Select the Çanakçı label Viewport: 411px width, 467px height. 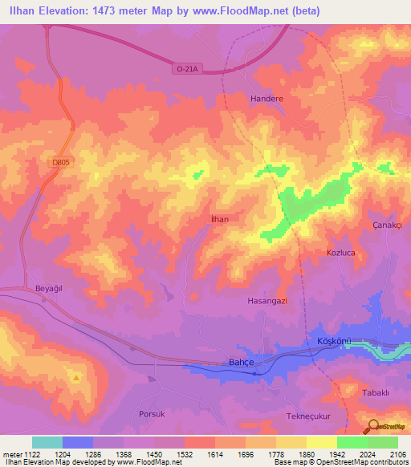389,225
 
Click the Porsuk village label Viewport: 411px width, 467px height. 151,414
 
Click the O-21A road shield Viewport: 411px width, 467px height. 187,70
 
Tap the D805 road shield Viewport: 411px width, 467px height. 59,163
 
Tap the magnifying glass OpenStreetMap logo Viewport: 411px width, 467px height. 372,427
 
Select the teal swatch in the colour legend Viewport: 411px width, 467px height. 47,442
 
